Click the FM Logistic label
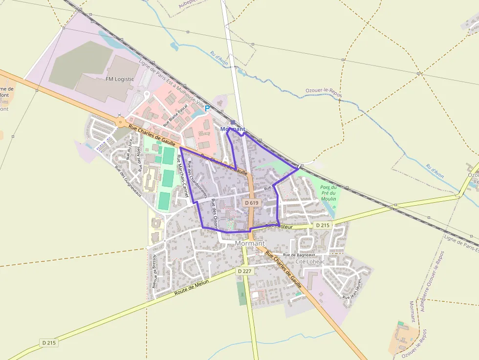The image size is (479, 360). coord(120,79)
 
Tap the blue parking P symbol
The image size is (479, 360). coord(207,108)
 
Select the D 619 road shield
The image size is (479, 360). coord(251,203)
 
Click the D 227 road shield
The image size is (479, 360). coord(245,271)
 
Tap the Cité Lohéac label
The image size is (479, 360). coord(310,261)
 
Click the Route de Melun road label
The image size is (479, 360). coord(192,288)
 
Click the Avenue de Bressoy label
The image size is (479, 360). coord(154,270)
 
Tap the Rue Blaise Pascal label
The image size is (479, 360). coord(175,115)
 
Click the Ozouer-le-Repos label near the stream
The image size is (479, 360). coord(324,91)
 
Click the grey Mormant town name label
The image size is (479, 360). coord(250,243)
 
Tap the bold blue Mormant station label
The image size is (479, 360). coord(233,129)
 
